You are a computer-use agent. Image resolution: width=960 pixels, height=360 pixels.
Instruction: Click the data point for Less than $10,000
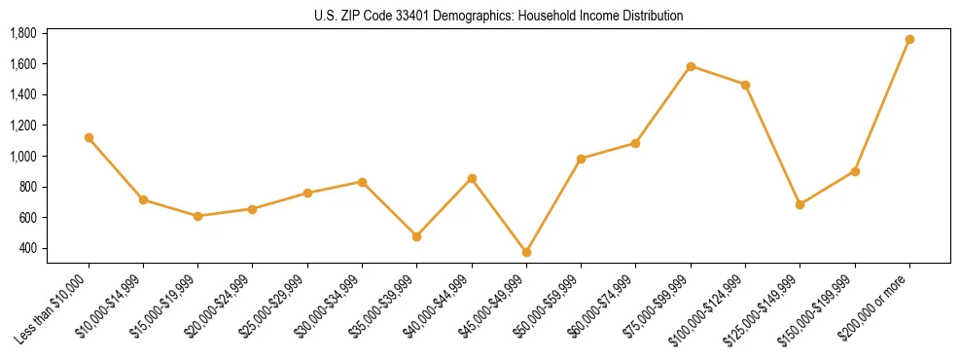(x=89, y=137)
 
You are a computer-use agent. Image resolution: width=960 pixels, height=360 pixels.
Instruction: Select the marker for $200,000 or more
(x=909, y=39)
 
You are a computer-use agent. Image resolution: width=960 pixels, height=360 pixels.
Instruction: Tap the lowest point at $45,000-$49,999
(x=526, y=252)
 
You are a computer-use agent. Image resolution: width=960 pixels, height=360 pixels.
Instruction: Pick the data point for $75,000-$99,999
(x=691, y=66)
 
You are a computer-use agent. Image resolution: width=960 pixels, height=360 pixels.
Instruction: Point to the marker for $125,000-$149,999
(x=800, y=204)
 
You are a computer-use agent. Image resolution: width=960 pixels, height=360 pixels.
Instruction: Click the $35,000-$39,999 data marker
(x=416, y=236)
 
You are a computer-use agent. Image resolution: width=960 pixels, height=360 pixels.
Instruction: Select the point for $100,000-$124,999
(x=745, y=85)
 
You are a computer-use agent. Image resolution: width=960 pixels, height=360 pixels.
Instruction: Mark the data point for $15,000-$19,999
(x=197, y=216)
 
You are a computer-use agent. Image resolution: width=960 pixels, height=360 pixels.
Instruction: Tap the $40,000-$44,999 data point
(x=472, y=178)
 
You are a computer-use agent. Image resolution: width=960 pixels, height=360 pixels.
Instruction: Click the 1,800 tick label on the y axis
(x=23, y=33)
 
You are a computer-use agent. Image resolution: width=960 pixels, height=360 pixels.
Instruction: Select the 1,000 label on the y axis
(x=23, y=156)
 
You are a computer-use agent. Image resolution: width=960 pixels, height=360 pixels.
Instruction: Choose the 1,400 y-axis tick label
(x=23, y=94)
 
